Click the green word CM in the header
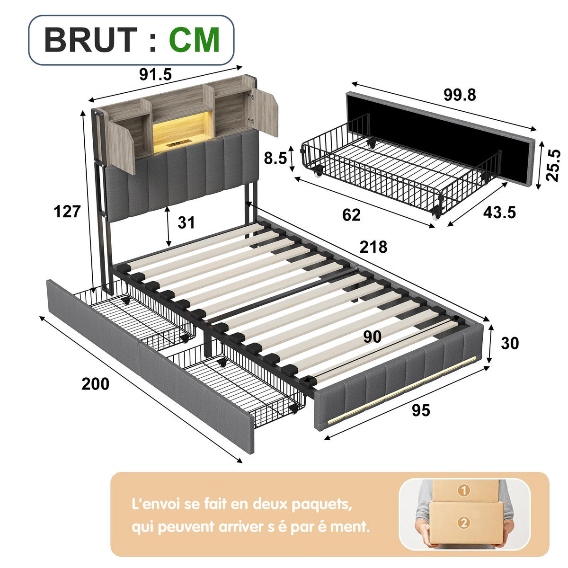coord(194,40)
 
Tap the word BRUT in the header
coord(91,40)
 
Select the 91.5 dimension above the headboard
coord(155,74)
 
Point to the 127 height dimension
coord(67,212)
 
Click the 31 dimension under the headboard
coord(186,222)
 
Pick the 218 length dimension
coord(373,247)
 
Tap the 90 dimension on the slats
coord(373,337)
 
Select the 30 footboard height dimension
coord(510,343)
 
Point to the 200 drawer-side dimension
coord(95,384)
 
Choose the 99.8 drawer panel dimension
coord(460,95)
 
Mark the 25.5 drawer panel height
coord(552,165)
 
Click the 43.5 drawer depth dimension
coord(499,212)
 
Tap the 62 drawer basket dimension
coord(351,215)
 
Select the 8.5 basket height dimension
coord(275,158)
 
